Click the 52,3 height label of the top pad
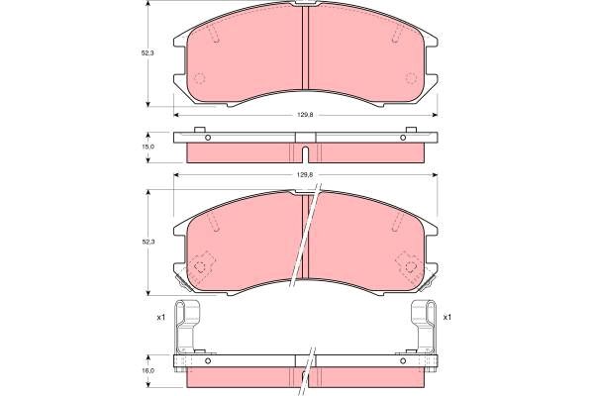148,53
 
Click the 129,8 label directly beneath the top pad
305,115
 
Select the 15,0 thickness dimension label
148,147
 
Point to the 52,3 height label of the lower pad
148,241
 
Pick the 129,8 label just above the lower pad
305,174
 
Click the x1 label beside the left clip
161,318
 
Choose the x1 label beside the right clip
447,317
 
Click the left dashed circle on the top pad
199,78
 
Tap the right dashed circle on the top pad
411,78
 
